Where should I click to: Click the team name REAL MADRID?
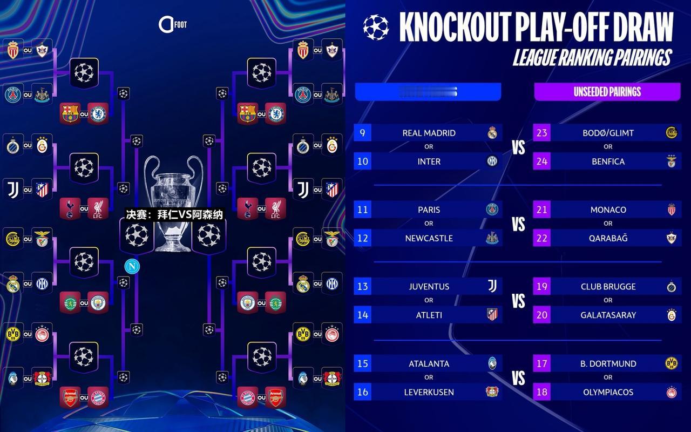pos(429,133)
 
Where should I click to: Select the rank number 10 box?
pos(362,161)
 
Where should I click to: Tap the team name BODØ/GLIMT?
pos(608,133)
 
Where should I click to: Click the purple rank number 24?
pos(541,161)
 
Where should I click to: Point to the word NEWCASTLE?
pos(429,238)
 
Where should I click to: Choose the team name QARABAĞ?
pos(608,238)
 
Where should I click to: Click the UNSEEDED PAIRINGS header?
pos(607,92)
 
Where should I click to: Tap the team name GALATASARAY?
pos(608,315)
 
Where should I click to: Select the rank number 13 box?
pos(362,286)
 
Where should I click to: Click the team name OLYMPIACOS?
pos(608,392)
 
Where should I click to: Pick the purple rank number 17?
pos(541,363)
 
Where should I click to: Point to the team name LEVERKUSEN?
pos(429,392)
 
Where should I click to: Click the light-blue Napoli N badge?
pos(131,266)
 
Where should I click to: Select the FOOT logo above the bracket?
pos(172,24)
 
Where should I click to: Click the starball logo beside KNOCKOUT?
pos(376,27)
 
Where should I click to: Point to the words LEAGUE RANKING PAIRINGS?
pos(592,57)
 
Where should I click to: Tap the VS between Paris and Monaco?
pos(518,224)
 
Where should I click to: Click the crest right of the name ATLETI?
pos(492,315)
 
